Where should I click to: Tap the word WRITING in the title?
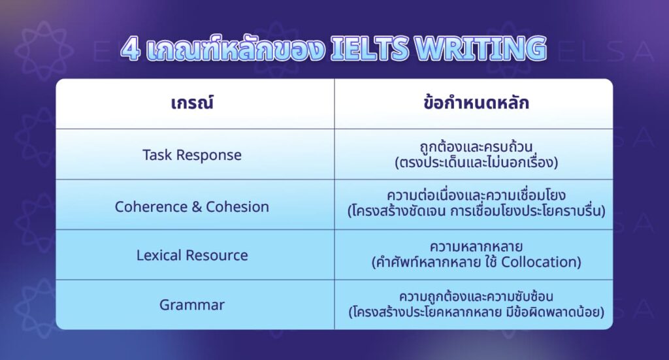click(x=484, y=49)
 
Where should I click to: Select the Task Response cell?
click(x=192, y=155)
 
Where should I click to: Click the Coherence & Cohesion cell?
click(x=192, y=206)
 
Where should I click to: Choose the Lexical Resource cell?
click(x=192, y=255)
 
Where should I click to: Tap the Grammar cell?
click(x=192, y=304)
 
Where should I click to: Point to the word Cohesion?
click(x=237, y=206)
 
